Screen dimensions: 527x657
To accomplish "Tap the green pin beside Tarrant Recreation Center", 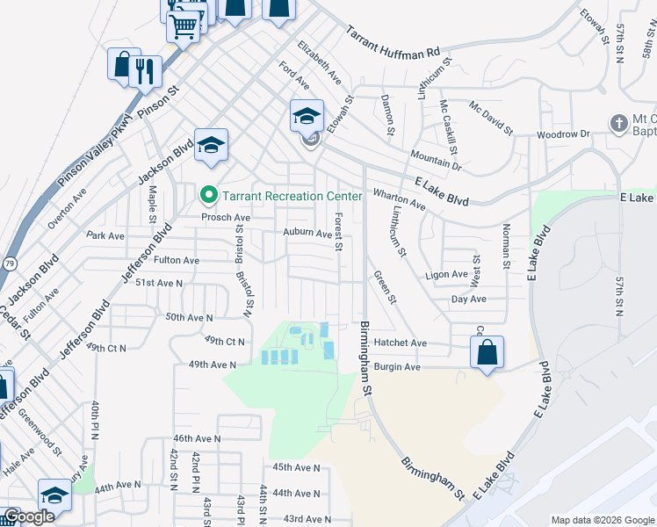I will click(x=208, y=194).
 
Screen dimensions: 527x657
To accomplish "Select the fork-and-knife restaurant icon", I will click(x=146, y=71).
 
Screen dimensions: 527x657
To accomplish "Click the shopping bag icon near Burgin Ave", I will click(x=487, y=353).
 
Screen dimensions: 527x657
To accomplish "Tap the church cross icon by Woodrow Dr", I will click(x=618, y=123).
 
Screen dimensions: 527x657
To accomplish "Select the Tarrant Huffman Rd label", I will click(x=392, y=42).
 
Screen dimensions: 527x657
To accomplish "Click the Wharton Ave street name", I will click(x=400, y=199).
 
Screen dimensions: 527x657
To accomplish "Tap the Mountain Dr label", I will click(x=435, y=158).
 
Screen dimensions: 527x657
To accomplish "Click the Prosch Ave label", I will click(x=226, y=217).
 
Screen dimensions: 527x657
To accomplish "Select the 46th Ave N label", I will click(x=197, y=438).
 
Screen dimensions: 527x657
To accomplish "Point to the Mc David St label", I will click(x=490, y=119).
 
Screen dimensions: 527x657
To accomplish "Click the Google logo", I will click(x=29, y=516).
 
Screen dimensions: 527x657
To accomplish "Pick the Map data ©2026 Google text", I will click(x=602, y=520).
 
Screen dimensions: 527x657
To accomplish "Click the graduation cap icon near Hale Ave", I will click(x=54, y=495).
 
